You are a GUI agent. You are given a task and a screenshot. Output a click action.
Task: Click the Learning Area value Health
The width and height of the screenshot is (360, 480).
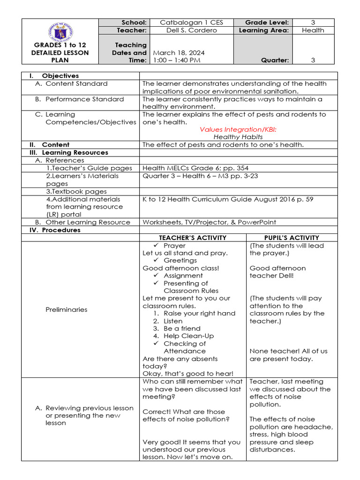point(313,30)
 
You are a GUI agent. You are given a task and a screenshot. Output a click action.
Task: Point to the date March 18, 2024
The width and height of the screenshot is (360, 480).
point(178,53)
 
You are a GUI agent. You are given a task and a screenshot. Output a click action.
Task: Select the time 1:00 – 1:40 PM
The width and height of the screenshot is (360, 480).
point(176,60)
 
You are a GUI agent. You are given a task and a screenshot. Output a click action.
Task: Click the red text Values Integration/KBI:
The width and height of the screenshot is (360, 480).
point(238,129)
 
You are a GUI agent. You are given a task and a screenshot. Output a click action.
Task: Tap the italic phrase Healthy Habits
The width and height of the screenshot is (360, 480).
point(238,137)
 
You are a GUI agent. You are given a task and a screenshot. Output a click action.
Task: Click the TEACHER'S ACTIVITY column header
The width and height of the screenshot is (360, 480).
point(193,238)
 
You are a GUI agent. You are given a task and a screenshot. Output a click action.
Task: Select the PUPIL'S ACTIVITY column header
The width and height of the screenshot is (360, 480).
point(292,238)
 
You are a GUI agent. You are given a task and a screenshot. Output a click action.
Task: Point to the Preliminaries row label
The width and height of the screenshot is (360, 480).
point(66,309)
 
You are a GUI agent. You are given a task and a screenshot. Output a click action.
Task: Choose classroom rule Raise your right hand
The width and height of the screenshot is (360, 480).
point(199,313)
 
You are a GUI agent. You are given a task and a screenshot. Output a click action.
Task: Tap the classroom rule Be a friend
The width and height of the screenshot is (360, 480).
point(182,329)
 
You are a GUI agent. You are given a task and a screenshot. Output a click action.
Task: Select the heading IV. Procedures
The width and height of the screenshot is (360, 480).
point(55,230)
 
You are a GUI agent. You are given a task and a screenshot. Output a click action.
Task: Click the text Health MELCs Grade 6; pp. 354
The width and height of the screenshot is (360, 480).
point(195,168)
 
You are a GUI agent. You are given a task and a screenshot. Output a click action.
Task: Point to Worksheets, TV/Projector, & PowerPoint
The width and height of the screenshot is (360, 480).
point(209,222)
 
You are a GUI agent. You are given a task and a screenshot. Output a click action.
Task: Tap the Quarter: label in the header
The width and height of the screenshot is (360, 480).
point(276,60)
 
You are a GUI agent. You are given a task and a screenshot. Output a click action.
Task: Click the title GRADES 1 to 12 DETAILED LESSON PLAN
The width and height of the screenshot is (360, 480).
point(60,52)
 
